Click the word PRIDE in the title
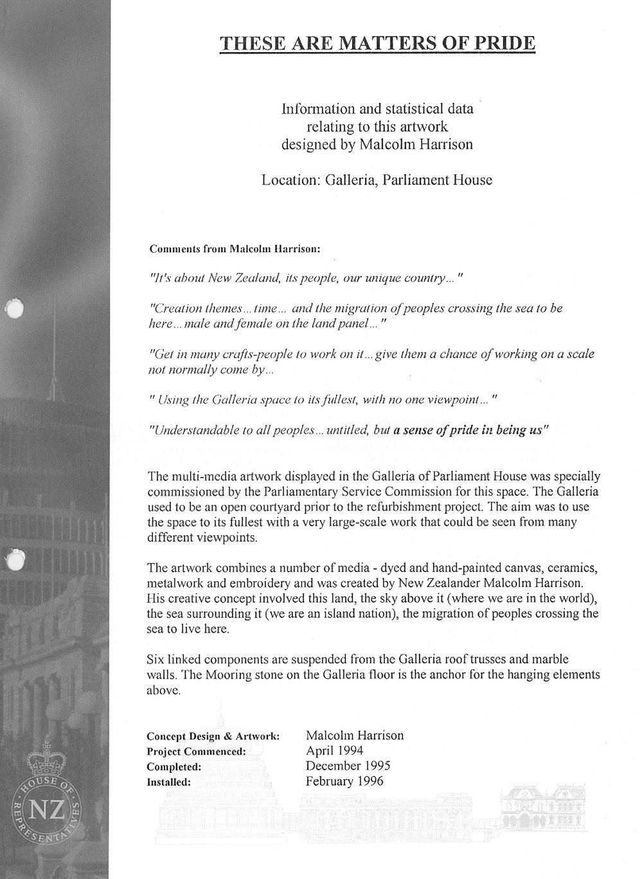(503, 44)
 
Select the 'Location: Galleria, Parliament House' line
(377, 180)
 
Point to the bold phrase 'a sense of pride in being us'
(470, 431)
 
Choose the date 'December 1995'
(348, 766)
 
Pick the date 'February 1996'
(344, 781)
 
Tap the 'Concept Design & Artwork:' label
(213, 736)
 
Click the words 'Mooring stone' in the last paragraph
(227, 675)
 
